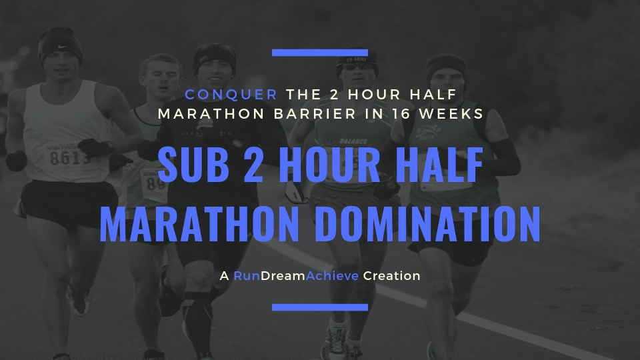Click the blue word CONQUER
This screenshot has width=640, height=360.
click(x=231, y=94)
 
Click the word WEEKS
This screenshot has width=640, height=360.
click(x=451, y=114)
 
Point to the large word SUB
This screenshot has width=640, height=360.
click(x=193, y=165)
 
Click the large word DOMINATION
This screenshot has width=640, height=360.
click(x=428, y=225)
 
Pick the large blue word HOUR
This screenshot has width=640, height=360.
click(x=329, y=165)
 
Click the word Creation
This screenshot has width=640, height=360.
click(x=392, y=276)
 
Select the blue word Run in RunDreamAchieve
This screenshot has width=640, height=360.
click(x=247, y=276)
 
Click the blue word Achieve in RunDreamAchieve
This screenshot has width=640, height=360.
click(x=332, y=276)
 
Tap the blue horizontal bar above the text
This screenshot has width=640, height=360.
click(x=320, y=53)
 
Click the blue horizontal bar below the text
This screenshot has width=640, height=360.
click(x=320, y=307)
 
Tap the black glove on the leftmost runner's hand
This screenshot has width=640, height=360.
click(x=16, y=161)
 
